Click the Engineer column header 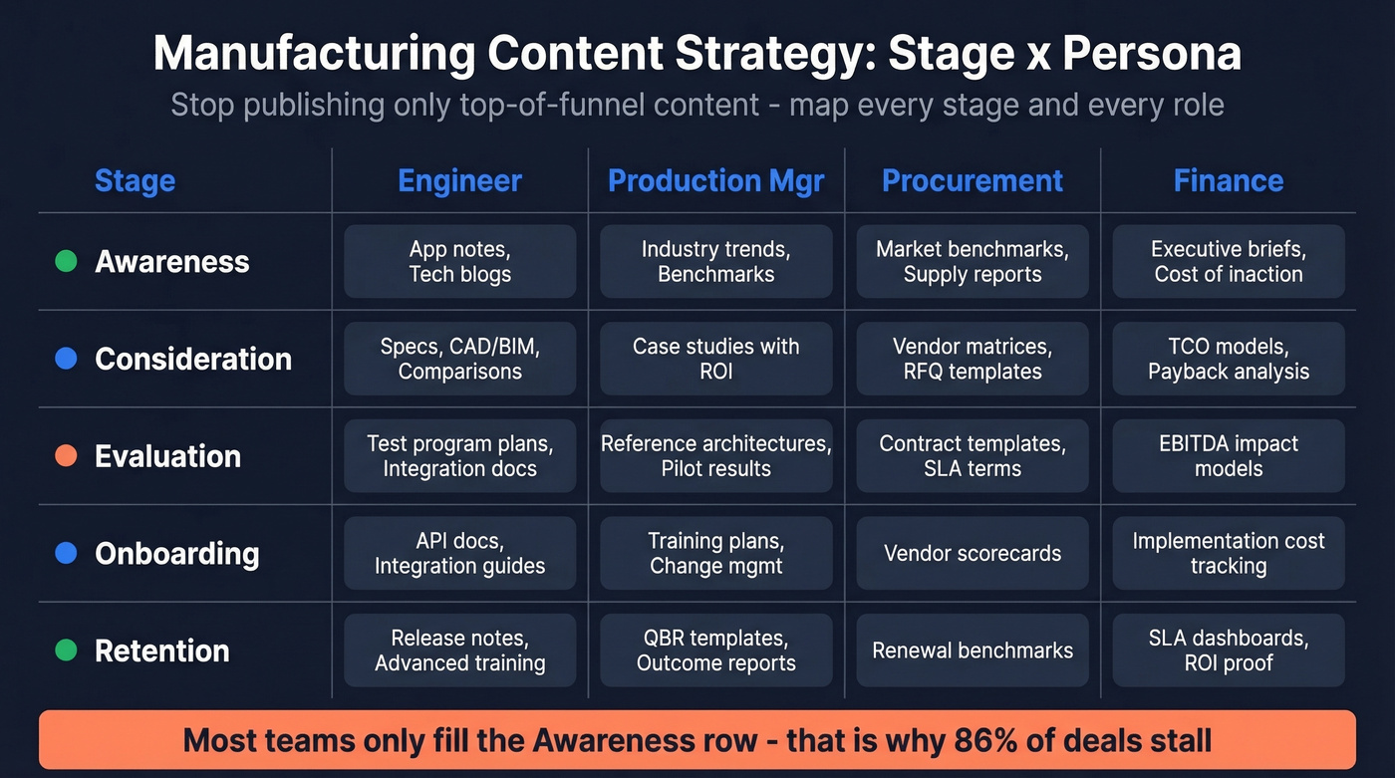click(x=459, y=180)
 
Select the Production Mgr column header click(x=715, y=180)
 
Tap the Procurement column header click(x=973, y=180)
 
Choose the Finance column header click(x=1228, y=180)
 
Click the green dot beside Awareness click(x=66, y=262)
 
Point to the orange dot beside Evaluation click(x=66, y=456)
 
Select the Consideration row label click(x=192, y=359)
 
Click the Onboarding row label click(x=176, y=554)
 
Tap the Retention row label click(x=161, y=650)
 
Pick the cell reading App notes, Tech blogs click(x=459, y=262)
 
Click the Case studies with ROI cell click(x=715, y=359)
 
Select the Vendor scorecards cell click(x=973, y=554)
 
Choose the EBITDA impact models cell click(x=1228, y=456)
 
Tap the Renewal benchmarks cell click(x=973, y=650)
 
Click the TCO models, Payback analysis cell click(x=1228, y=359)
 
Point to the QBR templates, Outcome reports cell click(x=715, y=650)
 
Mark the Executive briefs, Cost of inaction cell click(x=1228, y=262)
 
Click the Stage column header click(x=135, y=180)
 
